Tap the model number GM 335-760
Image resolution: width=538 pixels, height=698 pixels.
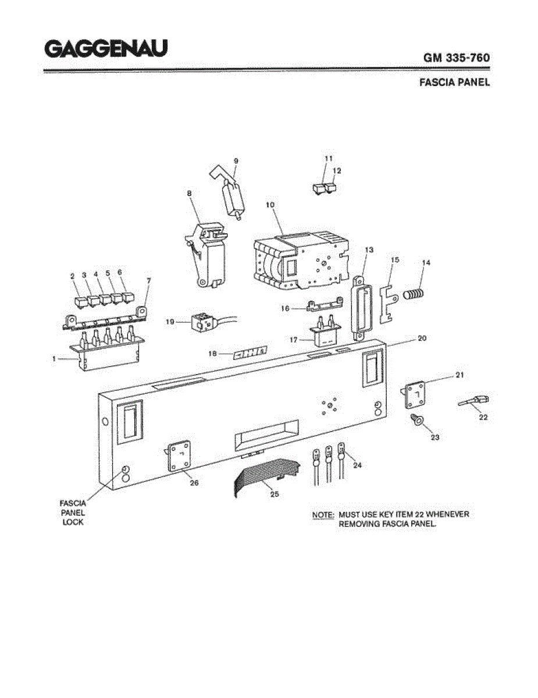(456, 58)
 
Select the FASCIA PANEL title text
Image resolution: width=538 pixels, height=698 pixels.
(454, 82)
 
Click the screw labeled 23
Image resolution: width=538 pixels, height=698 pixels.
(417, 420)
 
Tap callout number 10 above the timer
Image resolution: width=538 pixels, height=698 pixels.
(270, 205)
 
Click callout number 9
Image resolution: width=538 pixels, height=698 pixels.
(236, 161)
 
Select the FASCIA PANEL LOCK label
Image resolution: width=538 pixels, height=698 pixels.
(73, 512)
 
